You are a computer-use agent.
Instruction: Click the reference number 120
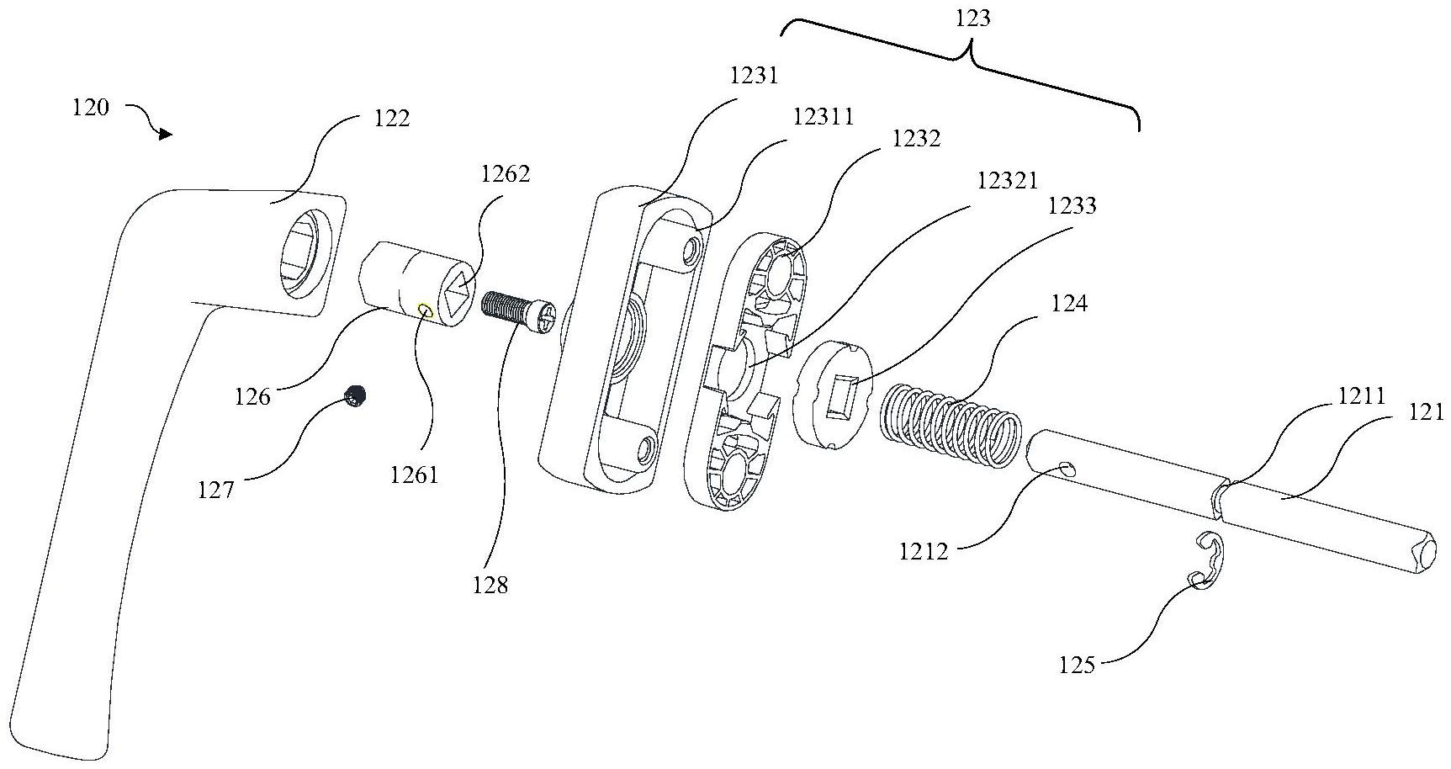coord(91,108)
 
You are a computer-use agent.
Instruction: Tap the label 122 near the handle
coord(391,119)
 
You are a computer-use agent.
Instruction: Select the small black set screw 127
coord(357,395)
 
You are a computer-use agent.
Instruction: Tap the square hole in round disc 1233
coord(843,397)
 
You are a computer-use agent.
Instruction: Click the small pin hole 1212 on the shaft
coord(1067,468)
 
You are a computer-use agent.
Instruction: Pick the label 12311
coord(823,116)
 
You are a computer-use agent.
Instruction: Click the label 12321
coord(1007,180)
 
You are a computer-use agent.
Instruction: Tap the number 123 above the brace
coord(973,18)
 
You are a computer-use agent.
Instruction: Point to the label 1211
coord(1361,395)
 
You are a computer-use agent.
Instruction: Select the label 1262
coord(506,174)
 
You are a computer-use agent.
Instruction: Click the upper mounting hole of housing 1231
coord(693,248)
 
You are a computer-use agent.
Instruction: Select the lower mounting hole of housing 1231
coord(646,449)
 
